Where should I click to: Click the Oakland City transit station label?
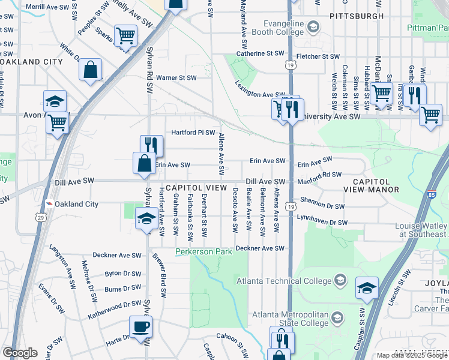click(76, 204)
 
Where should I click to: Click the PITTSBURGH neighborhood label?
click(356, 16)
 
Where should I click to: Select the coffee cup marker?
click(140, 328)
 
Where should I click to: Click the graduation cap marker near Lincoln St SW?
click(366, 287)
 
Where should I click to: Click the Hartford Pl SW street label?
click(193, 133)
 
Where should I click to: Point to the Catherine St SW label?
click(260, 53)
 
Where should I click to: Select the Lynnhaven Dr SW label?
click(322, 222)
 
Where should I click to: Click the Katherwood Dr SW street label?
click(115, 305)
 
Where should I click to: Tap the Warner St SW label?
click(176, 78)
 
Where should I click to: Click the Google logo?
click(20, 353)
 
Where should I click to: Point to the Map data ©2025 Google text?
click(411, 355)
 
